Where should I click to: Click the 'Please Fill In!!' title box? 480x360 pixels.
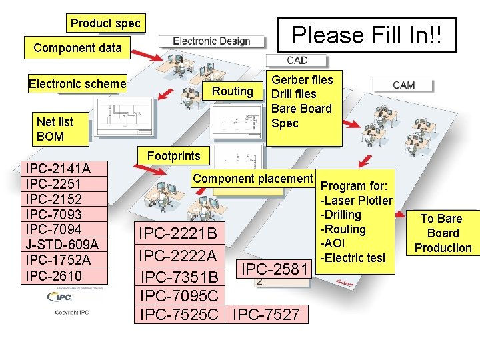click(366, 35)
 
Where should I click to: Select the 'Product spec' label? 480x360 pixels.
click(105, 23)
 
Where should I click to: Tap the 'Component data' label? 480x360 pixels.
click(77, 47)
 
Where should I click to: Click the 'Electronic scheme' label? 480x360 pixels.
click(77, 84)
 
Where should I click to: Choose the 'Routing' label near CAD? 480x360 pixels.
click(232, 91)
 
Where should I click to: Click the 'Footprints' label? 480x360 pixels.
click(173, 156)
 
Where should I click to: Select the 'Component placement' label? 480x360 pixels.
click(253, 179)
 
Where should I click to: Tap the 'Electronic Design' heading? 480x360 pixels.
click(211, 41)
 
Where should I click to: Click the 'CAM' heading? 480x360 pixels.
click(404, 85)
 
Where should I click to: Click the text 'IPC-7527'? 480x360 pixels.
click(267, 314)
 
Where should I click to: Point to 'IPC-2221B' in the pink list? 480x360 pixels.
click(177, 233)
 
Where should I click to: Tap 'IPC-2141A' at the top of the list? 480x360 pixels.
click(57, 168)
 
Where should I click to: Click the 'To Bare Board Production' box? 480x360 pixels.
click(443, 233)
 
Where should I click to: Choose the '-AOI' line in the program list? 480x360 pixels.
click(335, 243)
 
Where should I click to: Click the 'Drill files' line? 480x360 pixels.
click(293, 94)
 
